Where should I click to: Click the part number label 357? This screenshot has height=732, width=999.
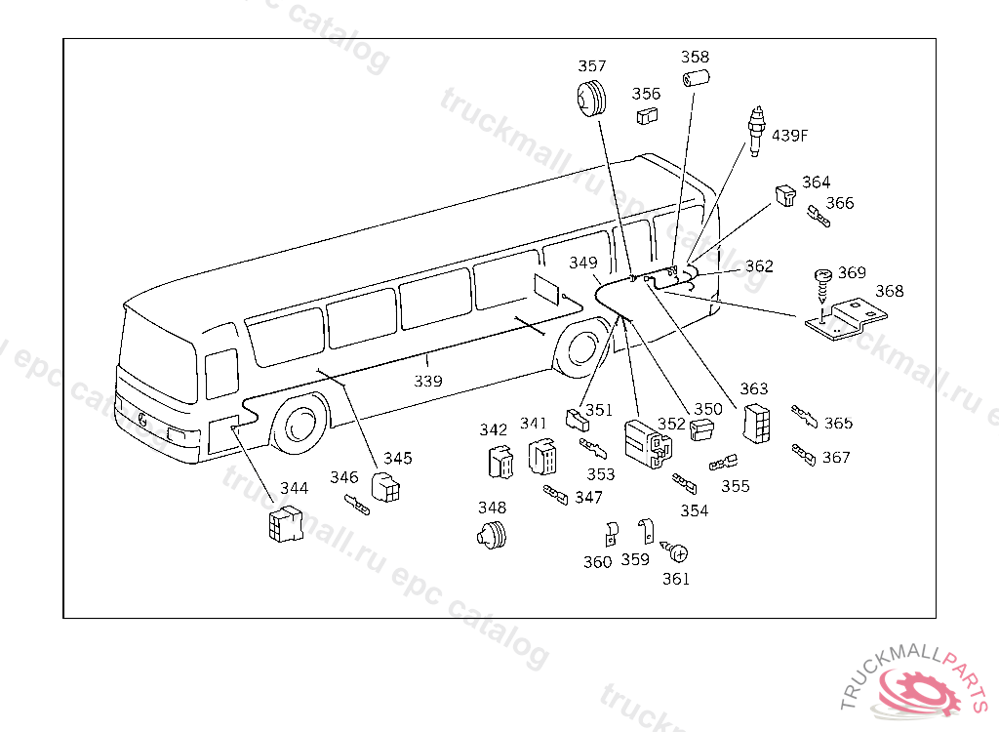click(x=591, y=66)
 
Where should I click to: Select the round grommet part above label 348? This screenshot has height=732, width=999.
click(x=494, y=534)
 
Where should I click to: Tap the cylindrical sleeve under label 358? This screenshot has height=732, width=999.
click(x=697, y=79)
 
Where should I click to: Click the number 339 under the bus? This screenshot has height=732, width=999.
click(x=428, y=381)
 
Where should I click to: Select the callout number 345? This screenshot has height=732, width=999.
click(x=397, y=457)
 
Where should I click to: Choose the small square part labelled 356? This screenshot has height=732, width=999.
click(x=646, y=116)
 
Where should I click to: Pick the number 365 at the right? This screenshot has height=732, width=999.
click(x=838, y=424)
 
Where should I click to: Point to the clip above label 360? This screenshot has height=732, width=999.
click(x=612, y=533)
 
